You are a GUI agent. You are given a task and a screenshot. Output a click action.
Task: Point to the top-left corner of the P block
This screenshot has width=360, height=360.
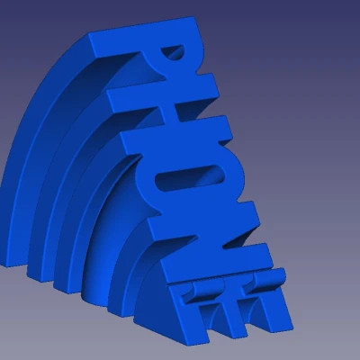pyautogui.click(x=94, y=34)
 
